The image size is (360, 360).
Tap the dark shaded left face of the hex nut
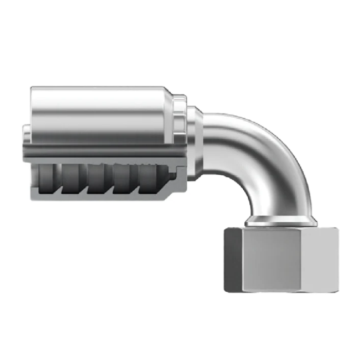(233, 260)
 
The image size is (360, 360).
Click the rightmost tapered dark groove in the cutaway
(152, 177)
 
